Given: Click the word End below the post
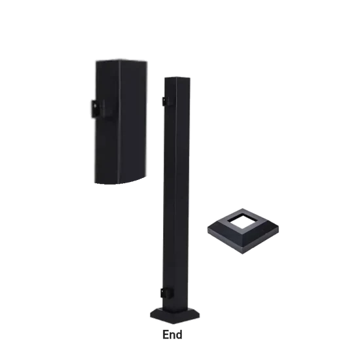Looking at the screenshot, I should pos(173,334).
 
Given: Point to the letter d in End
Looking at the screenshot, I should pos(179,334).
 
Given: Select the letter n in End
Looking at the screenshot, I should pos(173,335).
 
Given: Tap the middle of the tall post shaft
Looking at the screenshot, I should pos(177,196).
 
